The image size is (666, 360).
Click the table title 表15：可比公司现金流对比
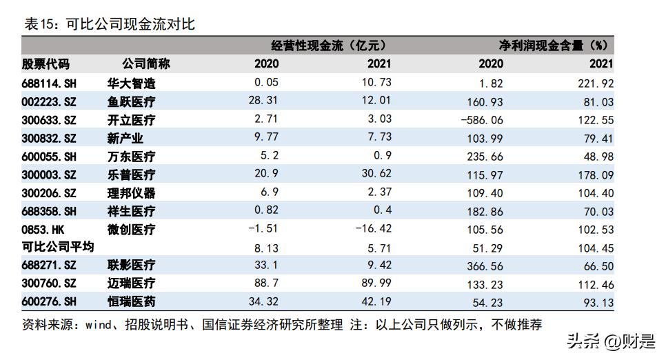coord(110,24)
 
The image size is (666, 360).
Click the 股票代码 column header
coord(46,64)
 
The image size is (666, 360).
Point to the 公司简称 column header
coord(146,64)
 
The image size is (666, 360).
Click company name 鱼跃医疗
coord(132,102)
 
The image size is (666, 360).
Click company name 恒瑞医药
coord(132,301)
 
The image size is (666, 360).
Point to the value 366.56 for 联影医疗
coord(481,266)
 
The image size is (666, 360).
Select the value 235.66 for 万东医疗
coord(481,157)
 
